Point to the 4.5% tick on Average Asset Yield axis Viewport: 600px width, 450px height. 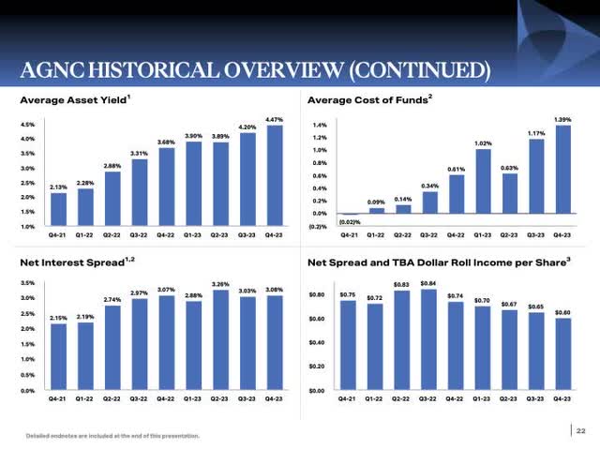[28, 125]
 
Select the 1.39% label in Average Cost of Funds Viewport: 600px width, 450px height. [562, 118]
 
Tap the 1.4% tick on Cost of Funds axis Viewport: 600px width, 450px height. [319, 125]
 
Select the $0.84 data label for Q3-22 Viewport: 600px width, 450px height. [427, 282]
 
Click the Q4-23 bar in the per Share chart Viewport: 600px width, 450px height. [562, 354]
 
